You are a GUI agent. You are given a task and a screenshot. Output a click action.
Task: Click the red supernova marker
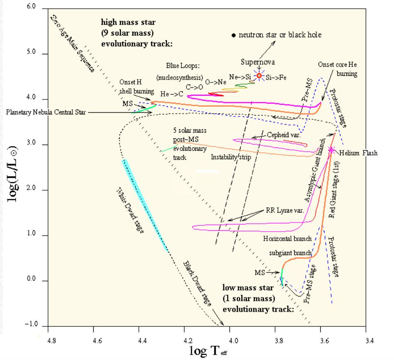pyautogui.click(x=259, y=75)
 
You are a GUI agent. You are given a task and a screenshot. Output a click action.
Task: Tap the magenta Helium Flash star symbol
pyautogui.click(x=331, y=150)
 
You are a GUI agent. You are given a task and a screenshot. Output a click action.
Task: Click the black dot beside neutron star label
pyautogui.click(x=234, y=36)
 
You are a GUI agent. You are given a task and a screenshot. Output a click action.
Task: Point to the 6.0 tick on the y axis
pyautogui.click(x=31, y=6)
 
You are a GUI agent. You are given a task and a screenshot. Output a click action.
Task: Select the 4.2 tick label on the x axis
pyautogui.click(x=188, y=341)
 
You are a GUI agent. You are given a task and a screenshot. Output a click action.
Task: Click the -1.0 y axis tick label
pyautogui.click(x=31, y=324)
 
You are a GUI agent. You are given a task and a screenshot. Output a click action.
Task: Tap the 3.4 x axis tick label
pyautogui.click(x=370, y=341)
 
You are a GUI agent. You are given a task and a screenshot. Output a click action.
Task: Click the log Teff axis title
pyautogui.click(x=208, y=351)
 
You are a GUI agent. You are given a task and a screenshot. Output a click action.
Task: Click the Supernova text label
pyautogui.click(x=258, y=62)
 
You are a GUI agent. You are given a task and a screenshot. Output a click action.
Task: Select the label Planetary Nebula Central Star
pyautogui.click(x=46, y=112)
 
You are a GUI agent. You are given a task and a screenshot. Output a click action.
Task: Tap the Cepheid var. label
pyautogui.click(x=283, y=135)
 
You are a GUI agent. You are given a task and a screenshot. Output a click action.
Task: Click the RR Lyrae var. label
pyautogui.click(x=285, y=210)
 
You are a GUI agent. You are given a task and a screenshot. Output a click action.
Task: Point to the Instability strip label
pyautogui.click(x=231, y=157)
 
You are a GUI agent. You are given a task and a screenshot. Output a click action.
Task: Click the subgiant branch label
pyautogui.click(x=290, y=253)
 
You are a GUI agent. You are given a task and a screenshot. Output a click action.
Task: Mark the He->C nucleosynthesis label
pyautogui.click(x=172, y=94)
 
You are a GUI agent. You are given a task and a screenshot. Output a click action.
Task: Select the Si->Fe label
pyautogui.click(x=276, y=77)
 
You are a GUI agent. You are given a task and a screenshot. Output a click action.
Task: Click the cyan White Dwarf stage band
pyautogui.click(x=145, y=205)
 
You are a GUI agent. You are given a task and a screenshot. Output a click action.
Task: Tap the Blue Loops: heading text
pyautogui.click(x=183, y=66)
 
